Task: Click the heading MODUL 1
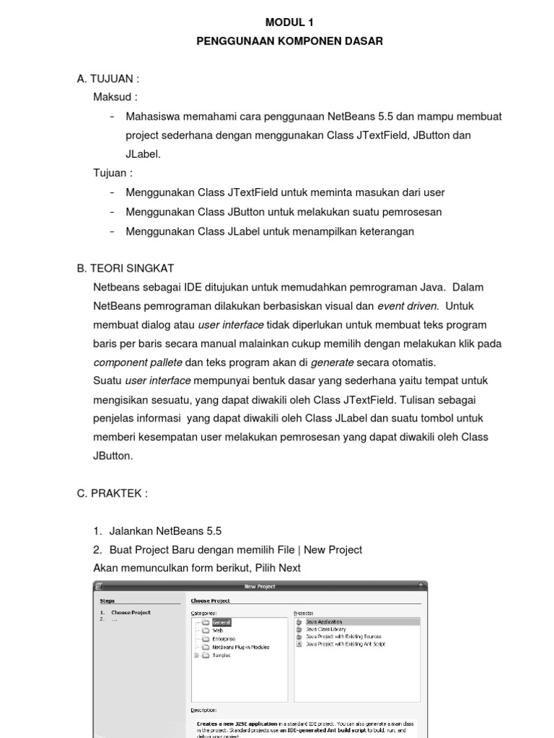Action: point(289,22)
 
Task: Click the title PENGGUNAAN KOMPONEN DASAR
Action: point(289,41)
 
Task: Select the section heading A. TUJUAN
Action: point(107,79)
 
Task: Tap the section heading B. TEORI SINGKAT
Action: point(125,268)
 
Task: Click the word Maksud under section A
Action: point(115,97)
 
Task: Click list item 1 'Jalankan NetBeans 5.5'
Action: point(157,531)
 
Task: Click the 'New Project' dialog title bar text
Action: point(260,587)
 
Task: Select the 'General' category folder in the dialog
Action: point(221,621)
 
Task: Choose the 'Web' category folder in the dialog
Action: point(217,630)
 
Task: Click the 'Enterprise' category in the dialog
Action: point(223,639)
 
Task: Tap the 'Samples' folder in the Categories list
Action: point(221,655)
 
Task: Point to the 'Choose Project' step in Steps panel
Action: point(131,613)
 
